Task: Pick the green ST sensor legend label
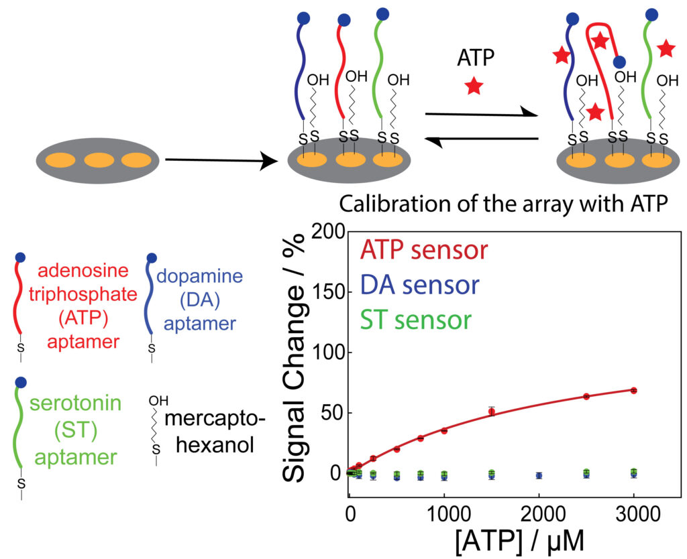(414, 320)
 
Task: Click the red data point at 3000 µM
(633, 390)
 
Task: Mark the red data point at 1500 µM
(491, 412)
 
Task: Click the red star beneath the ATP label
(474, 86)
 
